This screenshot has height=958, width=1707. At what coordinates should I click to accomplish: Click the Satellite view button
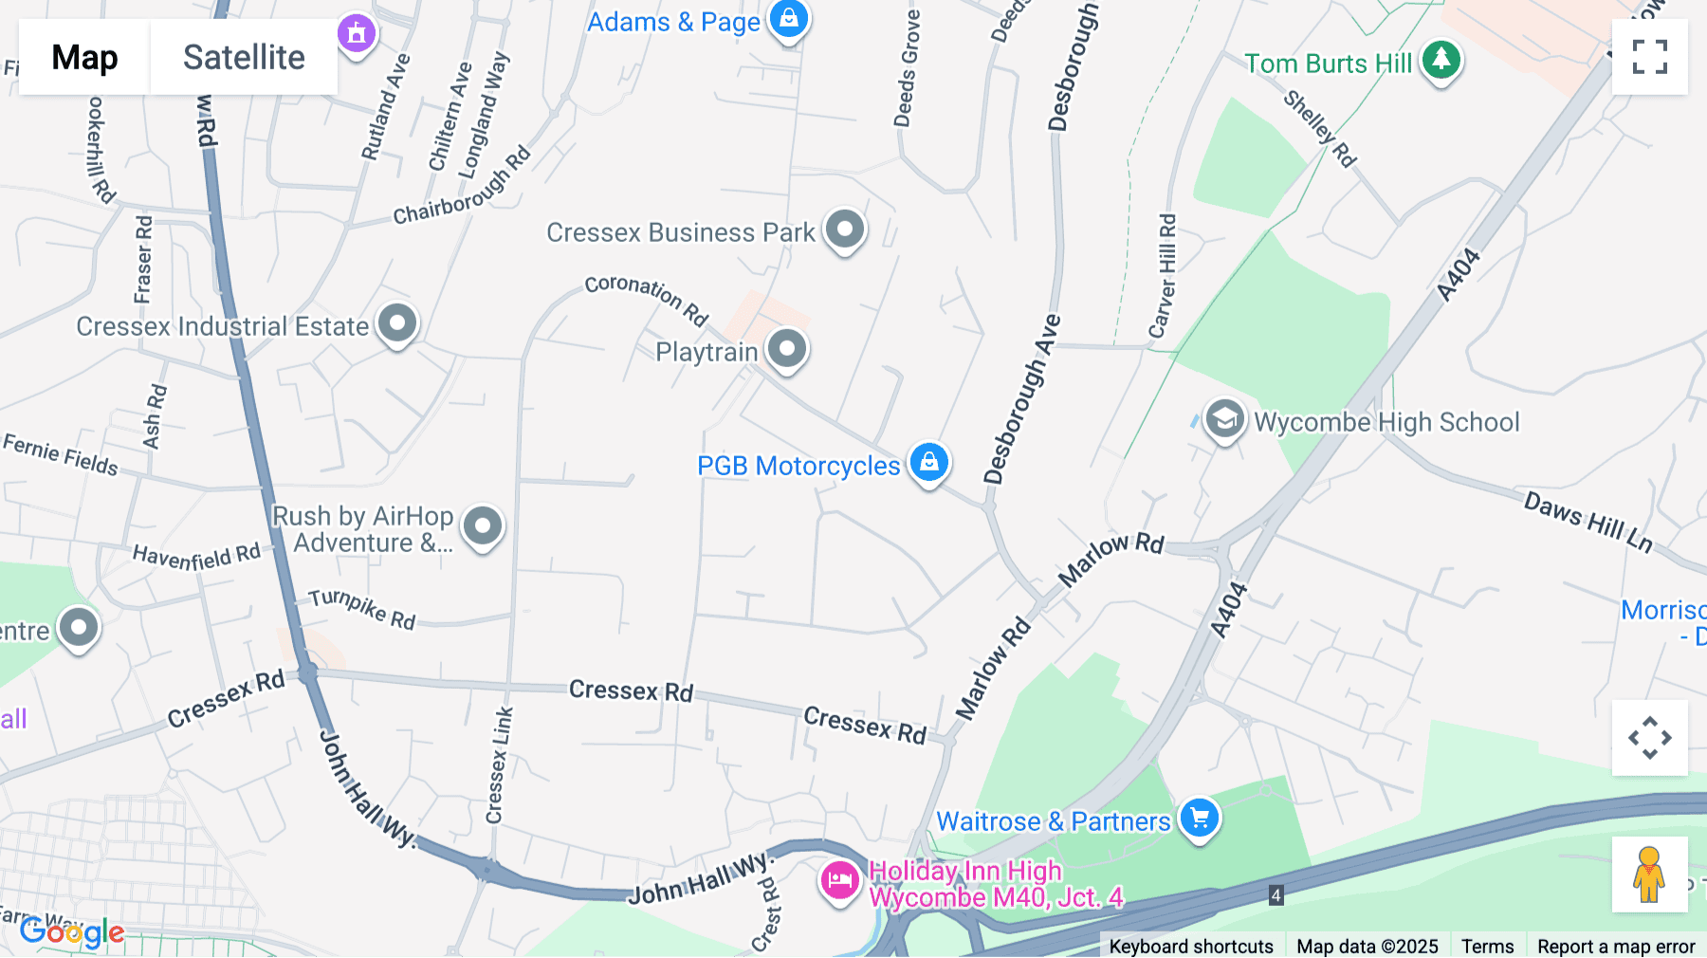244,58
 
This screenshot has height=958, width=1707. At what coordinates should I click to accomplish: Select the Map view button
84,58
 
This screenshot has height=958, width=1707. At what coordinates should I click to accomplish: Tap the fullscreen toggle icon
1649,57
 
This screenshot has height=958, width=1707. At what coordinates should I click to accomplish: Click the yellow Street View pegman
1649,875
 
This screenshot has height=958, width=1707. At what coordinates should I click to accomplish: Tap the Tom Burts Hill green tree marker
1441,60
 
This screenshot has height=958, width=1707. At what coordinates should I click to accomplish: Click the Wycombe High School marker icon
1224,418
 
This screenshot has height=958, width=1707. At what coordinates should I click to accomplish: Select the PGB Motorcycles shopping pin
928,462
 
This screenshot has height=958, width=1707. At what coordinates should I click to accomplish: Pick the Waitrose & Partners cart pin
1199,817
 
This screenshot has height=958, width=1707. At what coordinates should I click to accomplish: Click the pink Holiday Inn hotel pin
839,881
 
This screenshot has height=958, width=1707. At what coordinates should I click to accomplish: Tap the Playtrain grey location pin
787,348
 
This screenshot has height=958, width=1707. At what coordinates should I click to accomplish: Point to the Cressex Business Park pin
844,229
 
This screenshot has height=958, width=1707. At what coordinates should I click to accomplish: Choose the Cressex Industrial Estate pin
397,323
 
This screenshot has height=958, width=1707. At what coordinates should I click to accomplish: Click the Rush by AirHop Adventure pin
483,525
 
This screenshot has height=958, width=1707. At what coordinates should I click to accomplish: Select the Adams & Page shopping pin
788,18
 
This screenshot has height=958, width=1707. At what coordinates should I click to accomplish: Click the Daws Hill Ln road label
1588,521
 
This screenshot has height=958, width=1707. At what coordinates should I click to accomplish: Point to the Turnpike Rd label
362,608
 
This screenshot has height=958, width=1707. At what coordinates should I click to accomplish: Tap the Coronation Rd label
646,298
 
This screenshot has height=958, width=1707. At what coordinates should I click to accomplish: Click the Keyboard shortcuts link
1190,946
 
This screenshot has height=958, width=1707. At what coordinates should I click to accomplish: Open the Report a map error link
1615,946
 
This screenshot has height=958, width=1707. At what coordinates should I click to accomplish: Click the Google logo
72,932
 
